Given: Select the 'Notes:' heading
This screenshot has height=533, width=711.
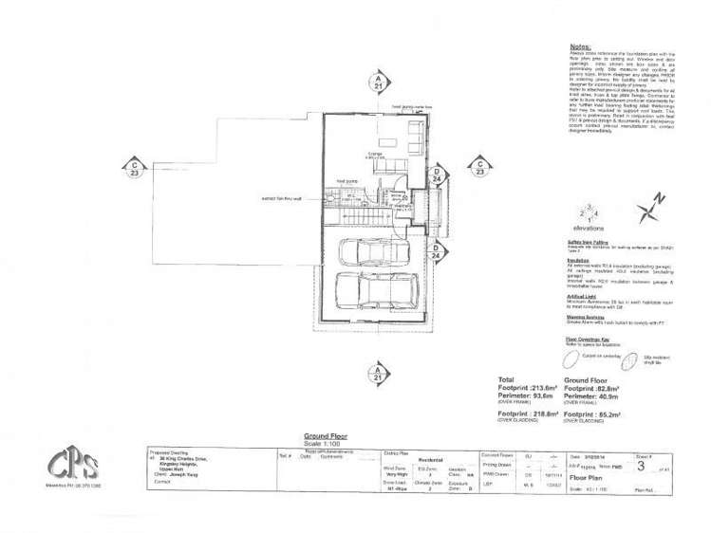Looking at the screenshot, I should (x=580, y=46).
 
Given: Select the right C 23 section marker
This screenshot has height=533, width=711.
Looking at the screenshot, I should (x=479, y=168).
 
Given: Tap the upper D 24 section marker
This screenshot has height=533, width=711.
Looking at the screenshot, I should (x=437, y=175).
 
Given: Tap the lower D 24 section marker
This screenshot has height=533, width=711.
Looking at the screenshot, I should (x=437, y=251).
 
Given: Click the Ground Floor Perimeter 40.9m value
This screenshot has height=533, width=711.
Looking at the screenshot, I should (x=596, y=397).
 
